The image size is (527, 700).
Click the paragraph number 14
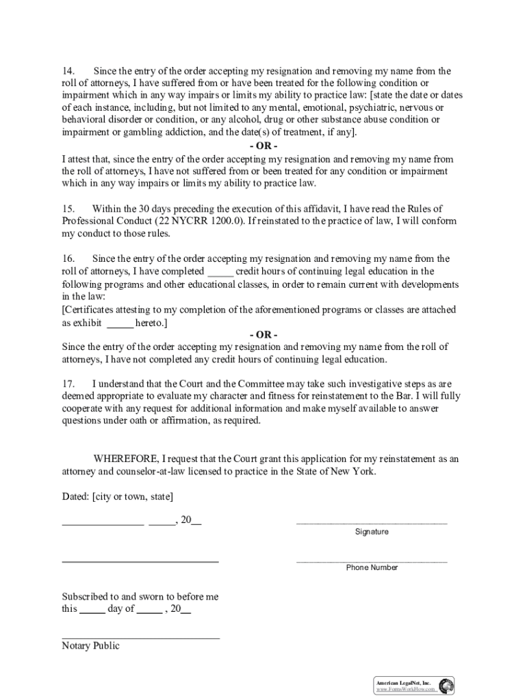[x=68, y=71]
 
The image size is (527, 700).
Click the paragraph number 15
[x=68, y=208]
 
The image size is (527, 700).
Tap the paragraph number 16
[x=68, y=259]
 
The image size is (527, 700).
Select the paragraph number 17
[x=68, y=383]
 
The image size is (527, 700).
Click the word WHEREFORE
[x=125, y=459]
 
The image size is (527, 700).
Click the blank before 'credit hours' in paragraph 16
[x=220, y=272]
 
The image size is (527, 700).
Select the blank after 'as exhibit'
[x=120, y=323]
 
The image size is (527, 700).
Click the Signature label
[x=372, y=532]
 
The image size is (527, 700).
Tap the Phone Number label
[x=372, y=567]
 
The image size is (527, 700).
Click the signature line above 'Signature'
[x=372, y=524]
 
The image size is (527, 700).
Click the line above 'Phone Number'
[x=372, y=561]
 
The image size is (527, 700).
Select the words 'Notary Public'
[x=90, y=646]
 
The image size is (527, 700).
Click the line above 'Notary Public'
[x=140, y=638]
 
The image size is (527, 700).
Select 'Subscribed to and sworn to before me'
[x=140, y=597]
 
